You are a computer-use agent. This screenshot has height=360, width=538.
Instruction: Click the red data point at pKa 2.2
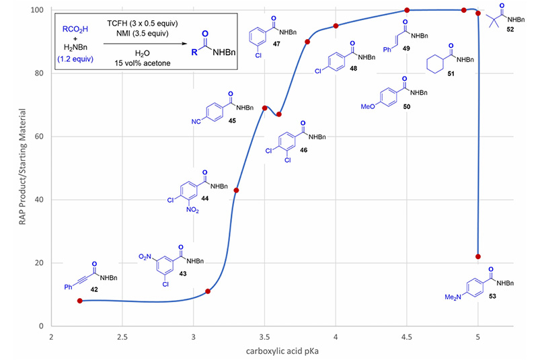click(80, 301)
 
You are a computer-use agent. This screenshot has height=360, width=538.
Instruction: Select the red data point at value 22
click(477, 256)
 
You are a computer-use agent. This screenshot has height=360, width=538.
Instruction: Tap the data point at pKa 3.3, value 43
click(236, 190)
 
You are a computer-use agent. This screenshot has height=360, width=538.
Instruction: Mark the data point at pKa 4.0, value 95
click(336, 26)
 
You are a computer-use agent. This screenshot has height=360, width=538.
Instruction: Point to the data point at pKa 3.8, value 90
click(307, 42)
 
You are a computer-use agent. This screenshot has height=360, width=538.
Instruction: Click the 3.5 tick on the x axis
click(264, 336)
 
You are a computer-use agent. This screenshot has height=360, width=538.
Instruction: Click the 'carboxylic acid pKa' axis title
click(264, 351)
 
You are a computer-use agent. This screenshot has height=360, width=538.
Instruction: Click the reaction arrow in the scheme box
click(143, 42)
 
